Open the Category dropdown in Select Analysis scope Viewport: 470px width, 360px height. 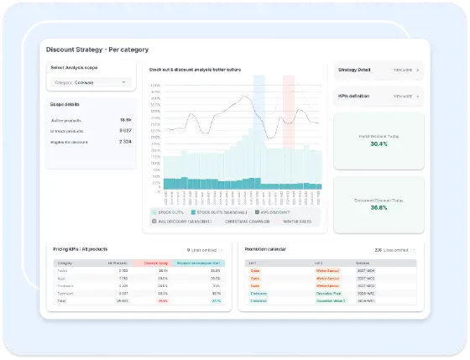point(91,82)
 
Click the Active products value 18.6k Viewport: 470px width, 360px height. point(125,120)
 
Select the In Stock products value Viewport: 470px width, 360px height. point(123,131)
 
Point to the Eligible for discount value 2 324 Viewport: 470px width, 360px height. point(123,142)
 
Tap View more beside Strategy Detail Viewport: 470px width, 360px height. point(406,70)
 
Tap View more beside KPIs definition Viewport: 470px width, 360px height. point(406,97)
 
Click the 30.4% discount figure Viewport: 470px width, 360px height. point(379,143)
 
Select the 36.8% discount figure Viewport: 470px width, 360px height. point(379,207)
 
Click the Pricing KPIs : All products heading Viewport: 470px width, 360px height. point(82,249)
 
